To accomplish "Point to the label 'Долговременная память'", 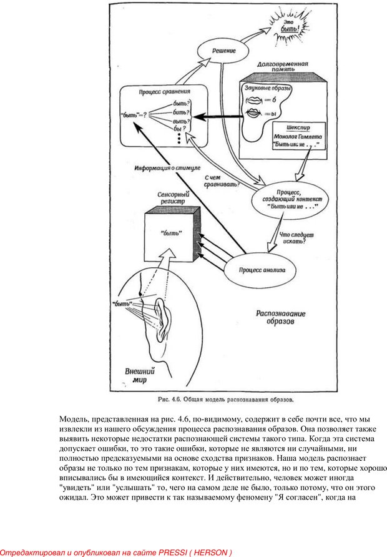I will [x=283, y=68].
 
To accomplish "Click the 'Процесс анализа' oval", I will [x=262, y=270].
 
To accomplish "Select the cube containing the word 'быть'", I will [x=171, y=240].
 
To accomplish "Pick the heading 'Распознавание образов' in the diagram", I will [x=278, y=318].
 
